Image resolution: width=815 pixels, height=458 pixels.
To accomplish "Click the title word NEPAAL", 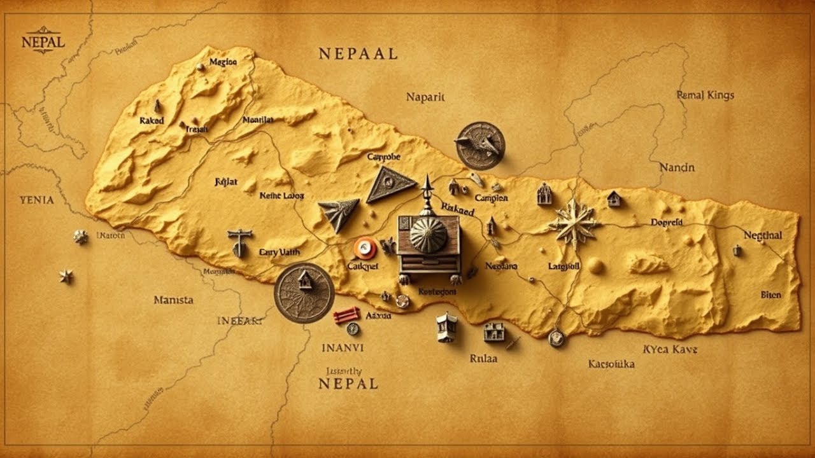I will point(358,54).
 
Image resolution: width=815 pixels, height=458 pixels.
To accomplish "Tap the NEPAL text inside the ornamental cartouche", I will point(43,43).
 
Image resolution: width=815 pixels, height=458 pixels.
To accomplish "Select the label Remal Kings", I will point(705,95).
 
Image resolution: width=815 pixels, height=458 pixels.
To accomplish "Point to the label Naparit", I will point(425,97).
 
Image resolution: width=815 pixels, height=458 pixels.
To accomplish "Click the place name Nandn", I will point(677,168).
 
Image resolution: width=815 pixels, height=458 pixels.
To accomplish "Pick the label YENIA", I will point(37,200).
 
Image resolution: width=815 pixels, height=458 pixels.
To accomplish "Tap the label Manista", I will point(173,300).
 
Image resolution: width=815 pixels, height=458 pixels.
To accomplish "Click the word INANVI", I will point(343,348).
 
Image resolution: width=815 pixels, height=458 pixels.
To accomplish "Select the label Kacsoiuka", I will point(611,364).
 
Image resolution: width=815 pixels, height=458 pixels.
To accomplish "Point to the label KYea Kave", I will point(670,349).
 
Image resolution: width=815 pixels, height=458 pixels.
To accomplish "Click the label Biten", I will point(770,295).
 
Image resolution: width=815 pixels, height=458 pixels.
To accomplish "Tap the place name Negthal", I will point(763,235).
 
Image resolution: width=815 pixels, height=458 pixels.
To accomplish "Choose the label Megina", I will point(223,62).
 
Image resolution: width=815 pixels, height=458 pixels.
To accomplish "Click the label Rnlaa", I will point(483,358).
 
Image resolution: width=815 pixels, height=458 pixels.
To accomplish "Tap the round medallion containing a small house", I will point(304,293).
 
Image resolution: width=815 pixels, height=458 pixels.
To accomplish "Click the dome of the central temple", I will point(428,233).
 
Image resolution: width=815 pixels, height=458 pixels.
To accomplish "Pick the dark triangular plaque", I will point(391,185).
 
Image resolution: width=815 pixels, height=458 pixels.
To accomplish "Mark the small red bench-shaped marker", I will point(346,314).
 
